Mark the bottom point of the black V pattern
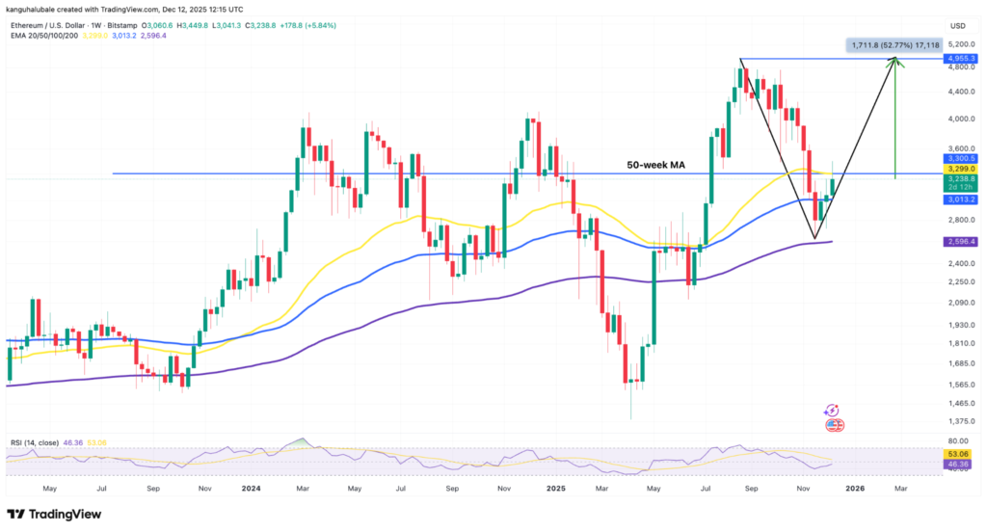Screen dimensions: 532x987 coord(814,238)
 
